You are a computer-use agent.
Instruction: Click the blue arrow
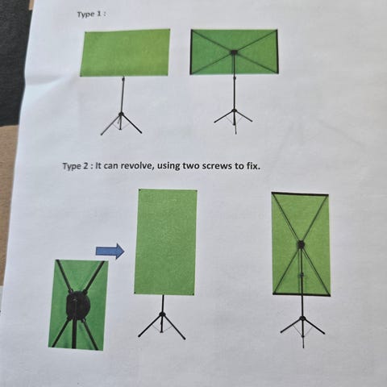110,252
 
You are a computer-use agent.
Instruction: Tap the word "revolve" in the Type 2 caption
137,165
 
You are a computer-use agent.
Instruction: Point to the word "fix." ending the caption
253,166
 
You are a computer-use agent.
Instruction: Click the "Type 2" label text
76,166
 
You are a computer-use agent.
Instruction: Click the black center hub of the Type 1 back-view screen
233,52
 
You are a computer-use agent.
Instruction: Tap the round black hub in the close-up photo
78,305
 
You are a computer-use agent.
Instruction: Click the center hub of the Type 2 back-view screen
301,244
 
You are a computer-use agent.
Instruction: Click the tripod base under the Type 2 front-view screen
161,325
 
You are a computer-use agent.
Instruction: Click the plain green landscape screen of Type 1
125,52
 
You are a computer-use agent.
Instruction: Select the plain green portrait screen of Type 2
165,242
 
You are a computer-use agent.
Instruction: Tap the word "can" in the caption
110,166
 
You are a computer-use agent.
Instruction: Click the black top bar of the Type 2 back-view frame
300,193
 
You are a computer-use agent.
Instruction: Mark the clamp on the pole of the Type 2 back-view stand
302,276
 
